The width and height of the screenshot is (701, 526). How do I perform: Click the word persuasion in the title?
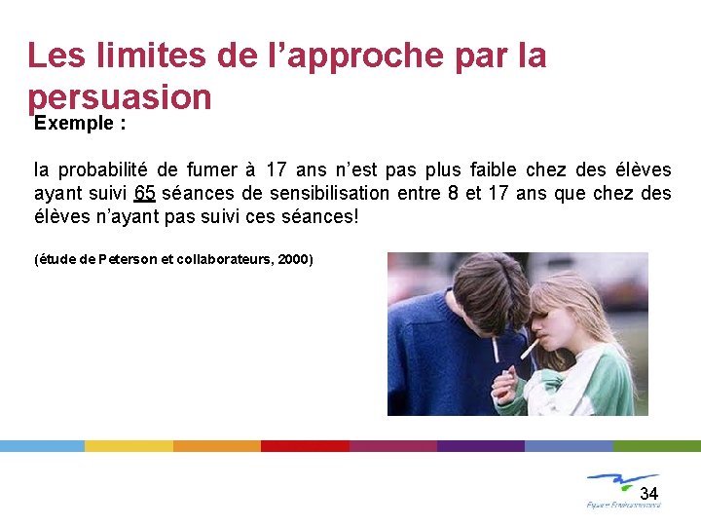click(119, 97)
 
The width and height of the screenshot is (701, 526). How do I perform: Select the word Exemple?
click(71, 124)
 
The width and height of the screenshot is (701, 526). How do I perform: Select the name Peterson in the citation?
click(126, 260)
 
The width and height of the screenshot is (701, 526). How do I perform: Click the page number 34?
click(648, 493)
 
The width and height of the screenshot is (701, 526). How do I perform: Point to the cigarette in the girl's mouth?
click(531, 347)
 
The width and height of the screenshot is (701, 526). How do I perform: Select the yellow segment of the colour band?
click(129, 446)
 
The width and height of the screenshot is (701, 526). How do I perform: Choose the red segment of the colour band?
click(305, 446)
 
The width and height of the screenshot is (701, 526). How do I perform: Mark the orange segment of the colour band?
click(217, 446)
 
